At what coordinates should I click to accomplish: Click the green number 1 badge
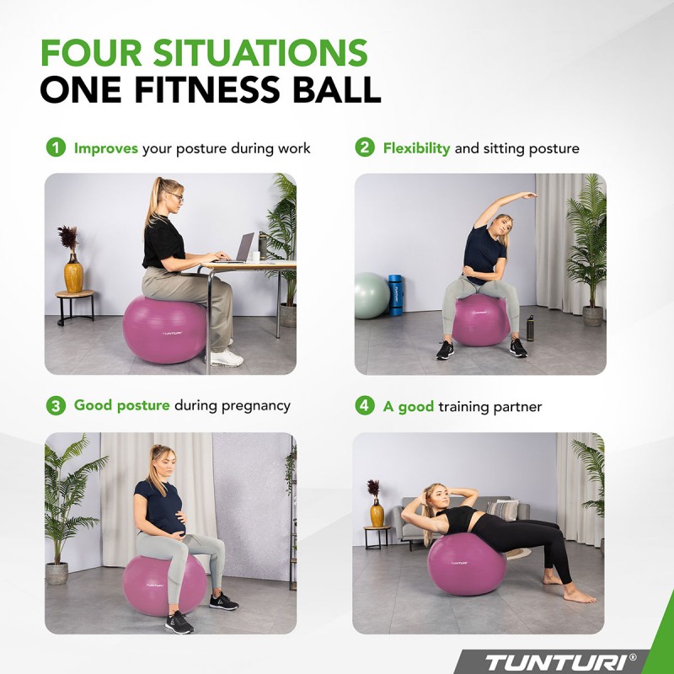55,148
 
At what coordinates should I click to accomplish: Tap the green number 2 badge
364,148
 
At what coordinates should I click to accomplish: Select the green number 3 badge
55,405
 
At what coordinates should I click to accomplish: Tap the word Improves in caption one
105,148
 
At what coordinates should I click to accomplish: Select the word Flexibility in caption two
416,148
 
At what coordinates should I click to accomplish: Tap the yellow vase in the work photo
74,275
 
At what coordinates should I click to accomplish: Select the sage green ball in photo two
371,295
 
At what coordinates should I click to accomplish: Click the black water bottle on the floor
530,328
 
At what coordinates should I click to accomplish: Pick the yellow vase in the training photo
377,513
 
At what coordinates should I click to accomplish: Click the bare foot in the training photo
580,596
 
